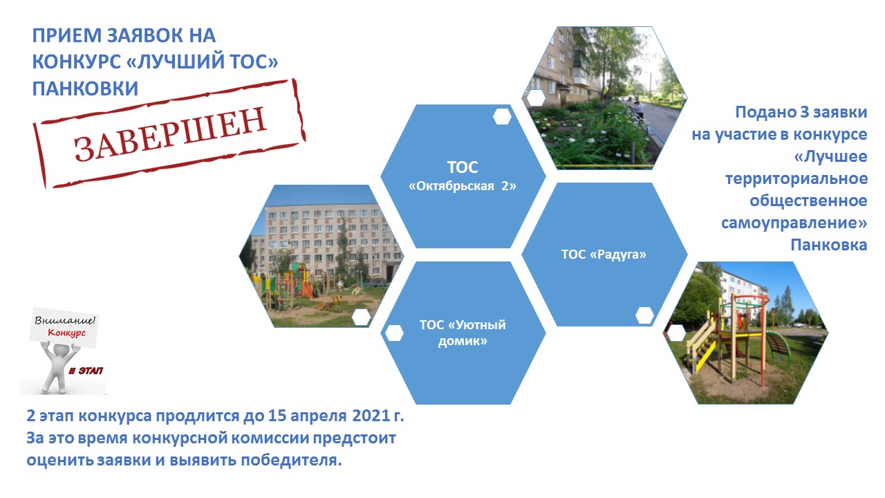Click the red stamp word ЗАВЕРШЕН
point(170,133)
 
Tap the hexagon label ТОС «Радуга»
point(604,254)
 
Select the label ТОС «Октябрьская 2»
point(463,176)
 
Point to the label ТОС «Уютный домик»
point(463,333)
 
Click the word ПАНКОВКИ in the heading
point(85,88)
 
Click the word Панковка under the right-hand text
point(828,246)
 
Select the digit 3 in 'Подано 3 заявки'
point(804,112)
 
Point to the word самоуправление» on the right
point(794,223)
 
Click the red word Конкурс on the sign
point(66,333)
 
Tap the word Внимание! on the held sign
point(65,320)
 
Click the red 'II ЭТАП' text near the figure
point(86,371)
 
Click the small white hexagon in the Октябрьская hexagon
point(502,117)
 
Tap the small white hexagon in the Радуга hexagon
point(644,315)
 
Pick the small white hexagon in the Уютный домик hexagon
point(394,333)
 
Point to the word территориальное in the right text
point(796,179)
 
